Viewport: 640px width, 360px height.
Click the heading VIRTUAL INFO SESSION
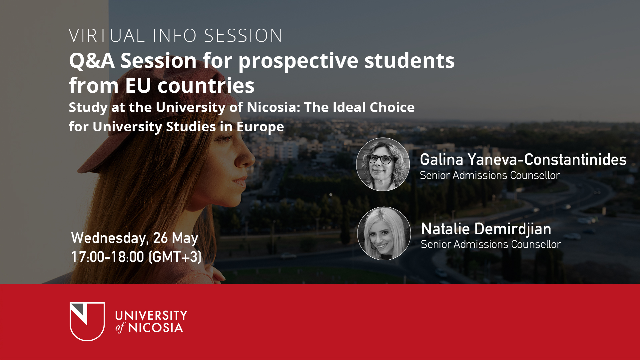coord(176,36)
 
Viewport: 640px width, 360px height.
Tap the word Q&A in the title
coord(92,61)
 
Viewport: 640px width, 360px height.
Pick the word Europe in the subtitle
coord(260,127)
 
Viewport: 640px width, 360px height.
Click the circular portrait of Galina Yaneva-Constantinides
coord(383,164)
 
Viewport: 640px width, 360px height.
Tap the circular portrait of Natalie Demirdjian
coord(384,233)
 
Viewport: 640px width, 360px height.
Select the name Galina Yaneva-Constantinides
coord(523,160)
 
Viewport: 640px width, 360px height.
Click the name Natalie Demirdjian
coord(486,229)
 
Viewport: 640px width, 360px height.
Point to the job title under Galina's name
coord(489,175)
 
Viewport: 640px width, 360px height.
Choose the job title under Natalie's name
coord(490,244)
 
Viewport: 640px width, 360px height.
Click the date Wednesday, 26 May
coord(135,238)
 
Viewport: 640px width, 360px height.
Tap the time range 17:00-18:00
coord(108,257)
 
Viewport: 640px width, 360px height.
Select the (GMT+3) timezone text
coord(175,257)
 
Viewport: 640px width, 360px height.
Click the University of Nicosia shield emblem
coord(87,321)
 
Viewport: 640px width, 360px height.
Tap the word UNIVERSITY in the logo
coord(151,315)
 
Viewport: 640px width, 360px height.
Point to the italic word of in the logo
coord(120,328)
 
